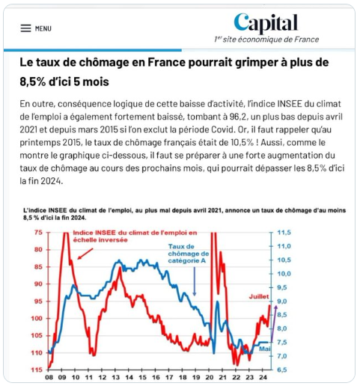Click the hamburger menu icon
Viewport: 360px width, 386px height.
[x=25, y=28]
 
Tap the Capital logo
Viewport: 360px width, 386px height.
[x=266, y=23]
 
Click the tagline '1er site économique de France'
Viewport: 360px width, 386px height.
[x=266, y=40]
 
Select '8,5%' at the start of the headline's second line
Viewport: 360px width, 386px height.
[x=33, y=82]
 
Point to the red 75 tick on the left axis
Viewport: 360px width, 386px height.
[x=38, y=233]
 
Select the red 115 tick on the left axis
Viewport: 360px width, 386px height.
[x=37, y=370]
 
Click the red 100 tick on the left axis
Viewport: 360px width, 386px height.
[x=37, y=319]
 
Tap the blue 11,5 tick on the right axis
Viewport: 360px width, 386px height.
[x=284, y=233]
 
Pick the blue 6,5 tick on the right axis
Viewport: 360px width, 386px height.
[x=282, y=370]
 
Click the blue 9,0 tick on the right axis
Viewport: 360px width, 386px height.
[x=282, y=301]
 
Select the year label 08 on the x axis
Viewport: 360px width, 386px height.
[x=49, y=377]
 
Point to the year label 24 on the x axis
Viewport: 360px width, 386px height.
[x=263, y=377]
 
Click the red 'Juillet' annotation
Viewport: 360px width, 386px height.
[x=259, y=296]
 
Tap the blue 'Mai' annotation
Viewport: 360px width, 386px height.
[x=265, y=349]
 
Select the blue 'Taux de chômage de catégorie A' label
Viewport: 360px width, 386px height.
[x=189, y=254]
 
